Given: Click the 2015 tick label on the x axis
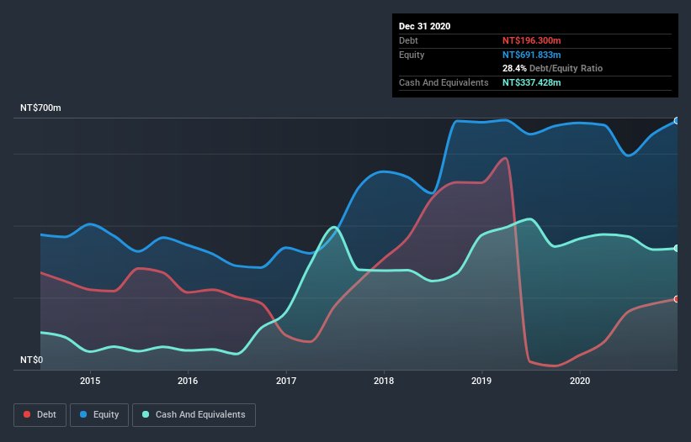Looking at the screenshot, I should (90, 381).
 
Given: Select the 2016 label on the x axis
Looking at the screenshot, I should (188, 381).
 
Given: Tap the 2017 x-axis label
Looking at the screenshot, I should (286, 381).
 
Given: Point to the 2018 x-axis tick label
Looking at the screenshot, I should (384, 381).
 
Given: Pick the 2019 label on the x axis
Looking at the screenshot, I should (481, 381).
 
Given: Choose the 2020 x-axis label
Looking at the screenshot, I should (580, 381).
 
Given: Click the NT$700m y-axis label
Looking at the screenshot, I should (40, 108).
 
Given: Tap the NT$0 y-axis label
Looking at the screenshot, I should (32, 360).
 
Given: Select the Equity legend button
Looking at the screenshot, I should (99, 414).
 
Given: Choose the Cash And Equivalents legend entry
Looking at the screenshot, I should (194, 414).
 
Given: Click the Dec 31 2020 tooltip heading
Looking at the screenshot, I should (425, 26).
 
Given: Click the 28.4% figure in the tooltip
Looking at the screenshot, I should (514, 68).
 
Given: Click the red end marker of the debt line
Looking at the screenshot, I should (677, 299).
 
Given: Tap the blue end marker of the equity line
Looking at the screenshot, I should (677, 121).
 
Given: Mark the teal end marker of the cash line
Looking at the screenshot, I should (677, 248).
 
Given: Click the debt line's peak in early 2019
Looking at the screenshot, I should (505, 158).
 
